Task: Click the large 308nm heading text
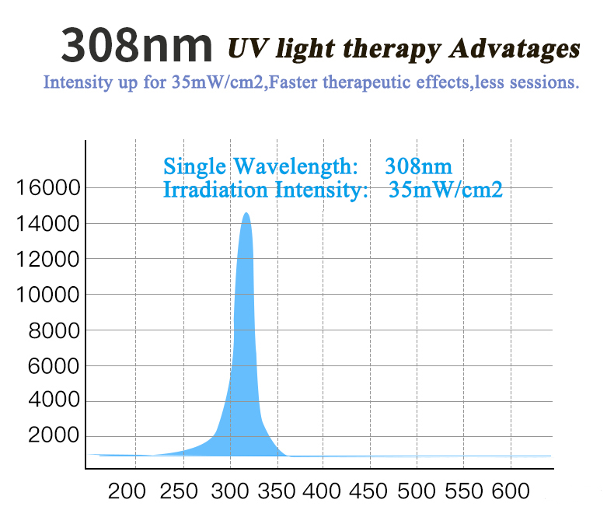click(x=137, y=45)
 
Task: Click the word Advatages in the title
click(x=515, y=48)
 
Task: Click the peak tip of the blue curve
click(x=246, y=214)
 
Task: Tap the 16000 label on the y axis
click(x=48, y=187)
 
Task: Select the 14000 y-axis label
click(x=48, y=224)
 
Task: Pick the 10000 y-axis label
click(x=48, y=295)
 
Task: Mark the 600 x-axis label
click(x=511, y=491)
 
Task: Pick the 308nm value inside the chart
click(x=418, y=166)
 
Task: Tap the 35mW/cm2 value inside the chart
click(x=445, y=189)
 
